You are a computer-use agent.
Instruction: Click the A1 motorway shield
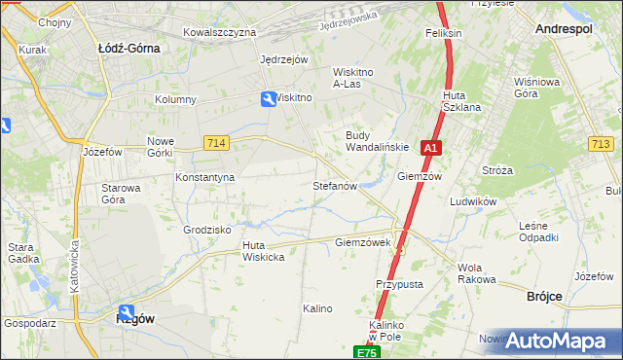pyautogui.click(x=432, y=148)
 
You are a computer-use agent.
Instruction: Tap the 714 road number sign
pyautogui.click(x=217, y=143)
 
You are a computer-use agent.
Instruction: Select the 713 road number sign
pyautogui.click(x=601, y=144)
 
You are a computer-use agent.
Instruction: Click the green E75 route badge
pyautogui.click(x=365, y=352)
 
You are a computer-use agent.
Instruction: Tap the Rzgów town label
pyautogui.click(x=135, y=318)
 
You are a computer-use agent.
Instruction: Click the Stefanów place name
pyautogui.click(x=336, y=185)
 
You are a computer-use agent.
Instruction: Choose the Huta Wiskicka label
pyautogui.click(x=263, y=251)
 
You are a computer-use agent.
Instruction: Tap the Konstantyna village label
pyautogui.click(x=204, y=178)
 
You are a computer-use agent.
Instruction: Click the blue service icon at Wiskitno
pyautogui.click(x=269, y=98)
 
